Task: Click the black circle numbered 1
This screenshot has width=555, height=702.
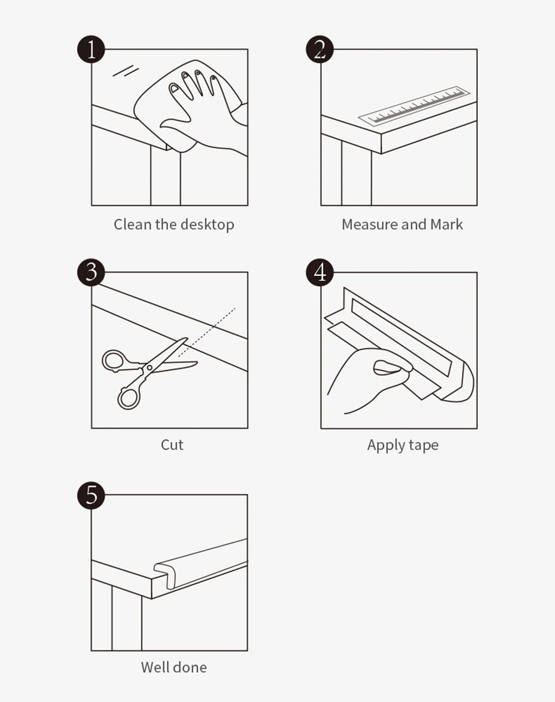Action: [91, 49]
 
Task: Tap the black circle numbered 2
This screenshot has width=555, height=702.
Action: [320, 49]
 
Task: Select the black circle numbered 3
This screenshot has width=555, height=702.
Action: [91, 272]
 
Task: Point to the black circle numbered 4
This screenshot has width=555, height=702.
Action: [320, 272]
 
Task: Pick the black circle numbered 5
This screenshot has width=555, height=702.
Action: [91, 495]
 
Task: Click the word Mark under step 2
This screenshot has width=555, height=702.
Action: [446, 224]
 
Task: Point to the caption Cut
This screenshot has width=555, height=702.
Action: [172, 445]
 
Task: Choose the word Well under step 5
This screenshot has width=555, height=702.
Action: [155, 668]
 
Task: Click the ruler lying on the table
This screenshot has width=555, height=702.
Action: [415, 105]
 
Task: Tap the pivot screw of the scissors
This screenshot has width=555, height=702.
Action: [149, 367]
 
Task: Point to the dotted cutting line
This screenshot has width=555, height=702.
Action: [207, 332]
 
